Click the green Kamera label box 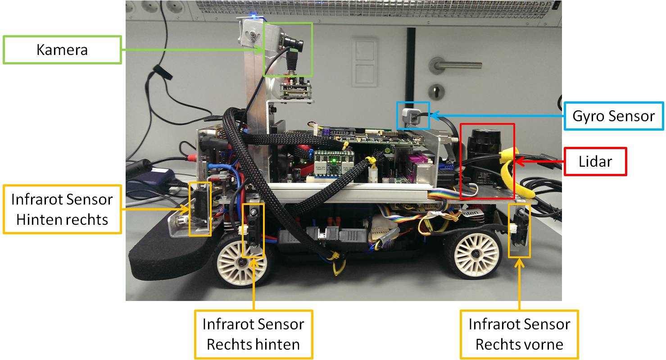[62, 50]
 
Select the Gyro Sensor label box [614, 116]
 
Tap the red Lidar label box [595, 162]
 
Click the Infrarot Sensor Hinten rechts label [62, 209]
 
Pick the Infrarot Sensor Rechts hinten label [254, 334]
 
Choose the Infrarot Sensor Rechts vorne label [519, 334]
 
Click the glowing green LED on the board [334, 161]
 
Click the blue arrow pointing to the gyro [497, 115]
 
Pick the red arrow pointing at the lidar [539, 162]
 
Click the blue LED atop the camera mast [253, 14]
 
